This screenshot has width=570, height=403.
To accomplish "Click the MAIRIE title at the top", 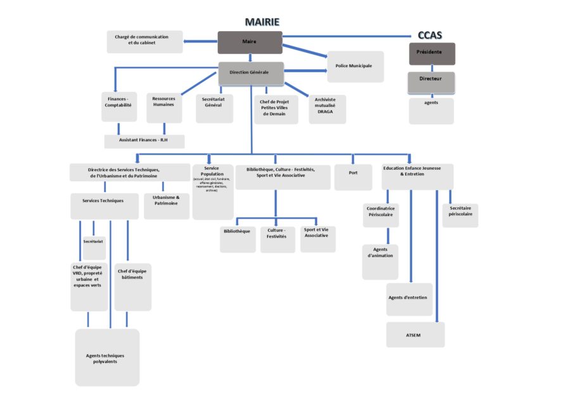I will [x=262, y=22].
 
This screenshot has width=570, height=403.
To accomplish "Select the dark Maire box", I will [x=250, y=42].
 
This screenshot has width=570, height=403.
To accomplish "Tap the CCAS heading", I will [x=430, y=35].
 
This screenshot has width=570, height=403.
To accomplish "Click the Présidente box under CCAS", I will [x=431, y=53].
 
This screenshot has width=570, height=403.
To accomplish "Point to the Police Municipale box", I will [x=355, y=67].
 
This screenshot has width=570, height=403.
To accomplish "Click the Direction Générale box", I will [x=251, y=73].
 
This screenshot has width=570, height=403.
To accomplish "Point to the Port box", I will [x=353, y=177].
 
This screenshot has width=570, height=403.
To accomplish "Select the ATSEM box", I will [x=415, y=335].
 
